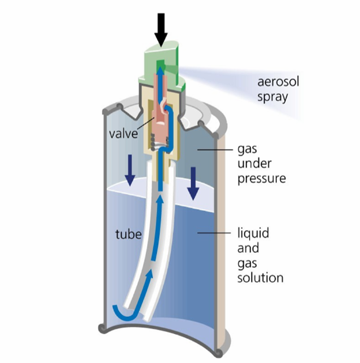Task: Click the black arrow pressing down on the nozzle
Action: [x=161, y=28]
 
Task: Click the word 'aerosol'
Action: [x=274, y=82]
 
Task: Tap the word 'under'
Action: [x=253, y=164]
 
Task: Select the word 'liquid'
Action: [x=254, y=235]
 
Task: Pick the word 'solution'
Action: [x=261, y=278]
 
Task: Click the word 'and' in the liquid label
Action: [x=249, y=249]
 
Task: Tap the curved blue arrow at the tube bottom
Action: [x=123, y=312]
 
